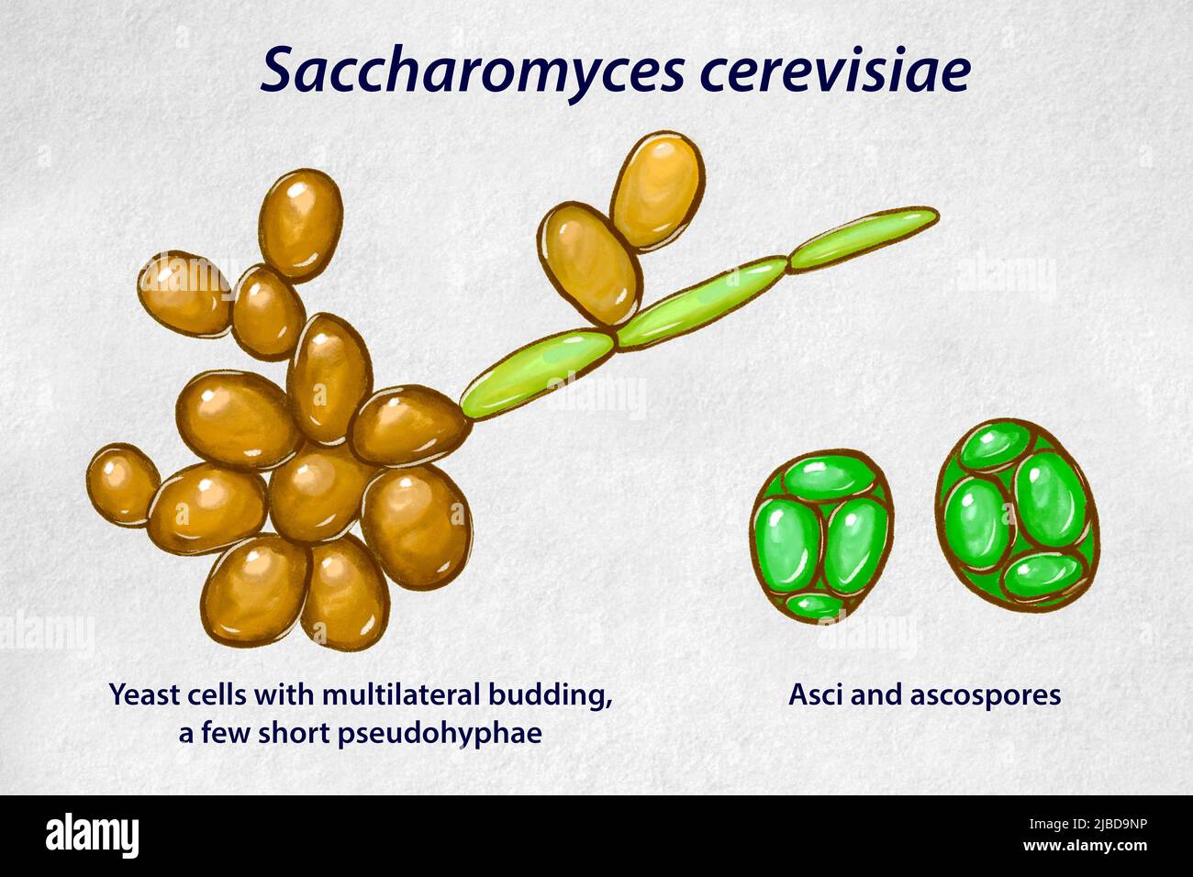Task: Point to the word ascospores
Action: tap(986, 695)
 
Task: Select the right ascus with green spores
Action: tap(1017, 513)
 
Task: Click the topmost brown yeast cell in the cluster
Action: tap(300, 223)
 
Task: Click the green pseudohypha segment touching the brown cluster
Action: tap(536, 372)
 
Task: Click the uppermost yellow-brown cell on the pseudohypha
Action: tap(658, 191)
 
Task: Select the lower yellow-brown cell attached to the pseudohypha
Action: tap(589, 264)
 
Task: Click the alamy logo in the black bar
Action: tap(92, 835)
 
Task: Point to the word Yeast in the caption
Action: tap(144, 694)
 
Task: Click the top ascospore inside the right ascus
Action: tap(995, 447)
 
